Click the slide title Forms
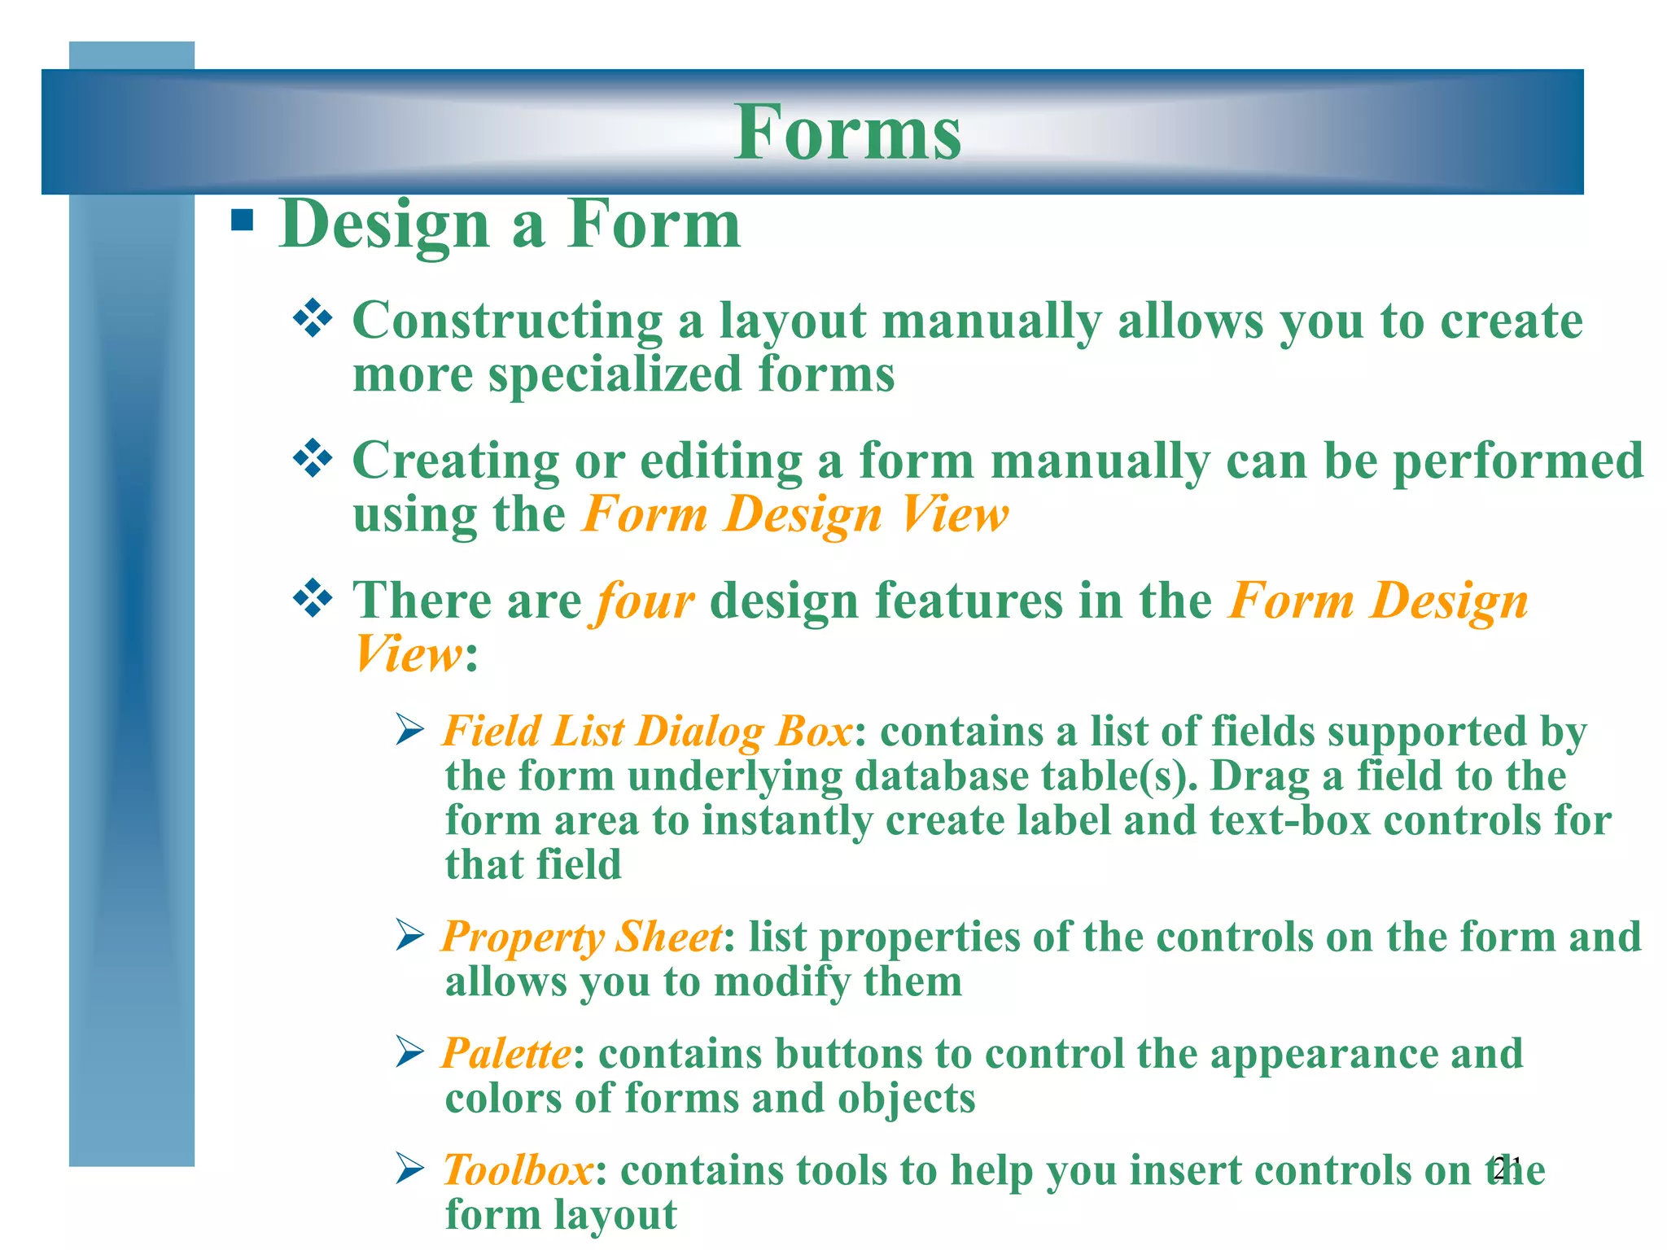(847, 133)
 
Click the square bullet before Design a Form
(242, 221)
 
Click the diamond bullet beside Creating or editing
(313, 459)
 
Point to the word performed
(1518, 461)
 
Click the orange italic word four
(645, 601)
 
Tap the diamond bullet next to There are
(313, 600)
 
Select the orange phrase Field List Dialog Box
(648, 731)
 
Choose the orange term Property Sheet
(581, 937)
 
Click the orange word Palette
(506, 1054)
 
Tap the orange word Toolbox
(518, 1171)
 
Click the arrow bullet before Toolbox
(409, 1169)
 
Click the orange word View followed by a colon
(408, 653)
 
